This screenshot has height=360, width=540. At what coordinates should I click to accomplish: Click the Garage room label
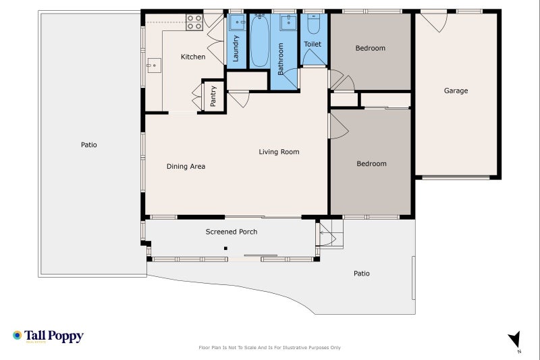click(x=456, y=91)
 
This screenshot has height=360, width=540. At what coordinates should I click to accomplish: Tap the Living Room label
click(x=279, y=152)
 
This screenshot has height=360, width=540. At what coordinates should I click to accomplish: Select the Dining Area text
click(x=186, y=166)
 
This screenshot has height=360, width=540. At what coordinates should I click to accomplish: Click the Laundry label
click(x=236, y=49)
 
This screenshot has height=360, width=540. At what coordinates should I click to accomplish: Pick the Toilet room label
click(x=313, y=44)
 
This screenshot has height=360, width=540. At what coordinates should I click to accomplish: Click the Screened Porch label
click(x=232, y=232)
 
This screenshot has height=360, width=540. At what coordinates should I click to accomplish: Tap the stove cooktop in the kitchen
click(x=194, y=22)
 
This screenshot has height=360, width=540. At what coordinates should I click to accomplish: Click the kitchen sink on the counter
click(x=154, y=66)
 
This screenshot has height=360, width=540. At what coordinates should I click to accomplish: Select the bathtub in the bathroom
click(x=260, y=42)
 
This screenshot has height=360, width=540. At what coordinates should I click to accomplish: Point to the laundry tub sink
click(x=236, y=22)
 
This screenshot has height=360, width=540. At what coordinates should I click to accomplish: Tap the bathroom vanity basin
click(x=286, y=22)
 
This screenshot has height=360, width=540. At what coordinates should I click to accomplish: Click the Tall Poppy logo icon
click(x=18, y=335)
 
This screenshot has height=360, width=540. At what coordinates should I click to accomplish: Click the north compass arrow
click(x=515, y=340)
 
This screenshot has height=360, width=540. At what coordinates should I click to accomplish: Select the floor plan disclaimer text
click(x=269, y=348)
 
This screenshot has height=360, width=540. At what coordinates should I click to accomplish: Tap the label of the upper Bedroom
click(x=371, y=48)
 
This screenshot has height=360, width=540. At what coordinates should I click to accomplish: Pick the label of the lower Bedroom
click(x=371, y=163)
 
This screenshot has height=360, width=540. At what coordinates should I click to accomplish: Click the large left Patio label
click(x=88, y=145)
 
